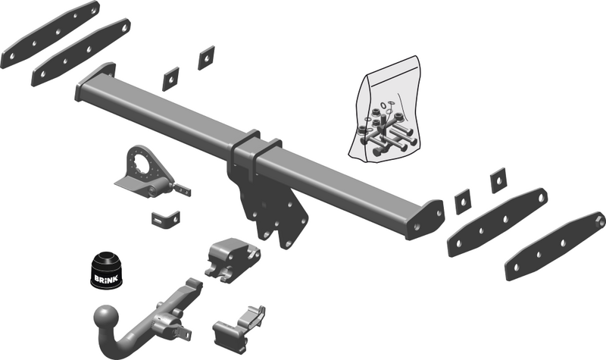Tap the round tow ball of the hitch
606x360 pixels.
point(106,317)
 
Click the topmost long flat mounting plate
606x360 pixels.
point(50,35)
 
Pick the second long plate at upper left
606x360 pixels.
point(81,52)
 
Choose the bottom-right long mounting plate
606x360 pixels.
point(555,246)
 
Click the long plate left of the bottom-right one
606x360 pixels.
point(498,222)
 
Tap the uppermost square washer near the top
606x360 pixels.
point(206,58)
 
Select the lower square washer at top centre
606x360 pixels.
point(170,79)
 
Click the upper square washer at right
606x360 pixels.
point(498,180)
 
